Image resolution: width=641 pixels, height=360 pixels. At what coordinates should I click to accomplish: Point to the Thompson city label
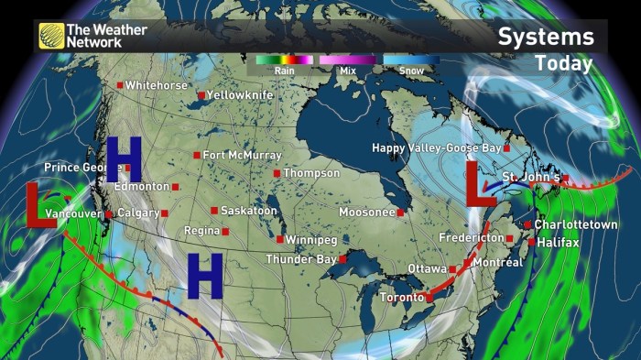(311, 173)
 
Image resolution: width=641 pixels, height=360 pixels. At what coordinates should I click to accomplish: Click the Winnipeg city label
(311, 240)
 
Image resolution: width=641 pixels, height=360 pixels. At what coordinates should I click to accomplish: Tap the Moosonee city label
(366, 213)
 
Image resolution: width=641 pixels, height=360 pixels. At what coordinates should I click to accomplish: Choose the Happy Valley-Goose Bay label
(435, 148)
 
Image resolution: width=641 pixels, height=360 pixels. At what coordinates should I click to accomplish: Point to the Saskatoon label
(248, 211)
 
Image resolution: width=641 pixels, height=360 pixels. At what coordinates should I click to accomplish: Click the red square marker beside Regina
(224, 231)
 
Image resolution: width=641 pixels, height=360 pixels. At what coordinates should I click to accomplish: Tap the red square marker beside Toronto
(429, 298)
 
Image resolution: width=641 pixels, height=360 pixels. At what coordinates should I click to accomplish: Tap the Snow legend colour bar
(410, 60)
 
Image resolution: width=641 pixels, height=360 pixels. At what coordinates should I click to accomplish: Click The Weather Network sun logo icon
(51, 35)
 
